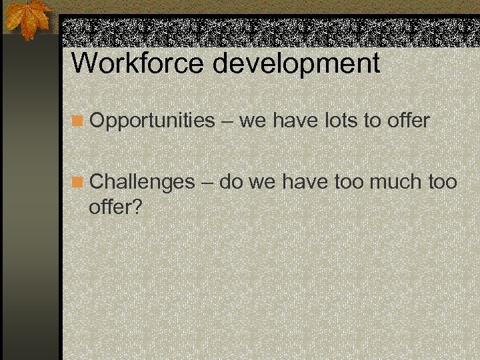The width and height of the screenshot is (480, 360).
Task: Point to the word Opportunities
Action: coord(152,121)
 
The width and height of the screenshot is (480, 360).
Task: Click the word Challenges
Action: coord(142,181)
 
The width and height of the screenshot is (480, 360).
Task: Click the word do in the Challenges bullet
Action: coord(231,181)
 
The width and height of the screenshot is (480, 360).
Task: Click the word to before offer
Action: coord(371,121)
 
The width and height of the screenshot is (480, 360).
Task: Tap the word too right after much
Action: coord(441,181)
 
